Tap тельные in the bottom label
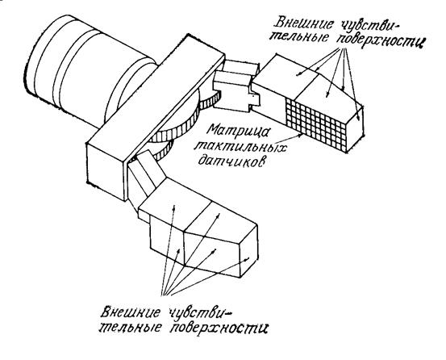pos(132,327)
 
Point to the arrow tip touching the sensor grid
pos(302,136)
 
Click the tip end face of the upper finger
pos(355,128)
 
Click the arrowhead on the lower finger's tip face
pos(248,258)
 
